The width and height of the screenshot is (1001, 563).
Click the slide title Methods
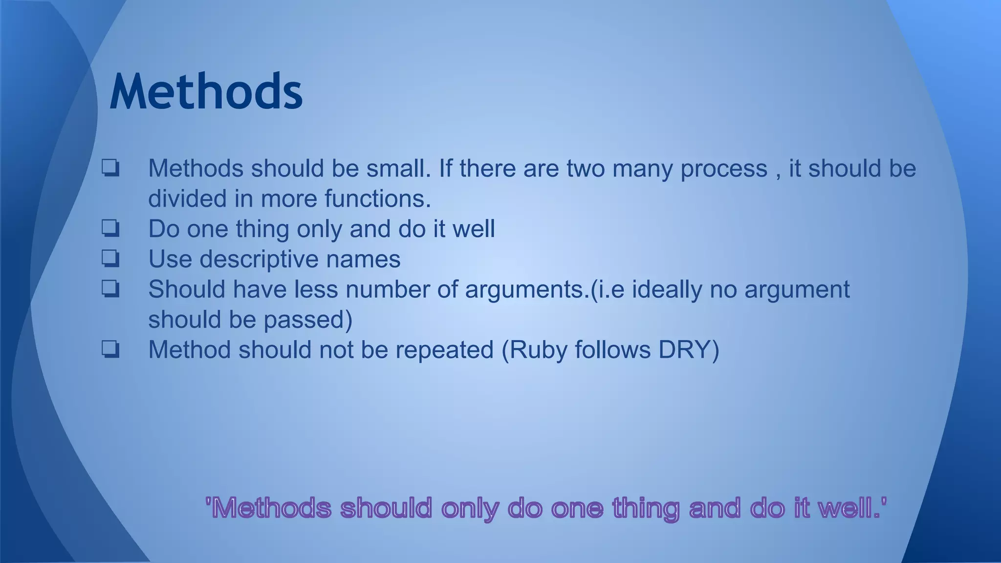[206, 92]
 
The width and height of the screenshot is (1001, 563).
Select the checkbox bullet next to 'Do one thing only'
[110, 228]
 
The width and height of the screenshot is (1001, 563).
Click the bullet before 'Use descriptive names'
[110, 259]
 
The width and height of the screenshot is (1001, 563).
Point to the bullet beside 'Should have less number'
[110, 289]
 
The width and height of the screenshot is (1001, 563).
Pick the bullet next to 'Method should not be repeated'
[110, 349]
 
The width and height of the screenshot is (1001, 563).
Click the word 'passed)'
[308, 320]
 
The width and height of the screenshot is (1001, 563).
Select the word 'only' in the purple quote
[470, 508]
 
